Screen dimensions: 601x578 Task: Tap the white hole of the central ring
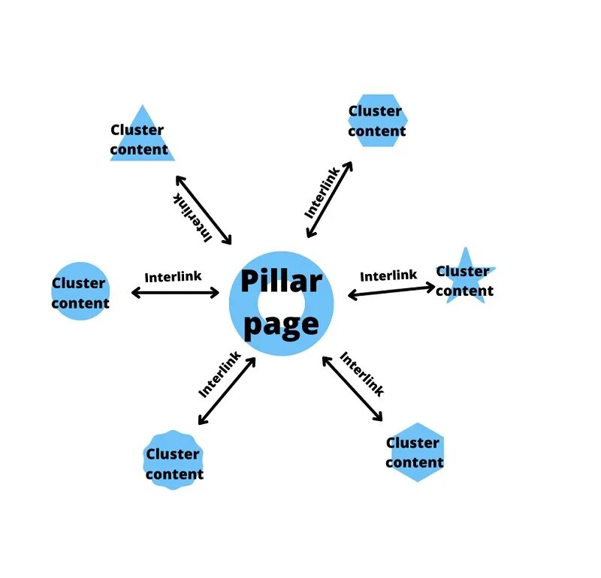click(x=281, y=303)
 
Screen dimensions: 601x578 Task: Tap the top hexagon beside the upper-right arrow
click(x=377, y=120)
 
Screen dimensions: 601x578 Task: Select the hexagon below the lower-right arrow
click(x=415, y=452)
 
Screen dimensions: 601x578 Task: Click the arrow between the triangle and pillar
click(x=204, y=210)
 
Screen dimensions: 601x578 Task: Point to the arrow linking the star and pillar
click(x=391, y=291)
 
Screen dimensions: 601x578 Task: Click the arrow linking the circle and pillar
click(x=175, y=292)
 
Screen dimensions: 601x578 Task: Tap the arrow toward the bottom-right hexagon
click(x=352, y=388)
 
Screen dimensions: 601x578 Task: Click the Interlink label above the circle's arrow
click(x=173, y=276)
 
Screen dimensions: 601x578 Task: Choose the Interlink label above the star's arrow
click(x=388, y=275)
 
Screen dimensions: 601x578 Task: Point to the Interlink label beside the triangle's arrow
click(x=192, y=217)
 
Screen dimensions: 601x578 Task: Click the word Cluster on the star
click(x=463, y=271)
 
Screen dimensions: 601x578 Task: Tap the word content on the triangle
click(x=139, y=149)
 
